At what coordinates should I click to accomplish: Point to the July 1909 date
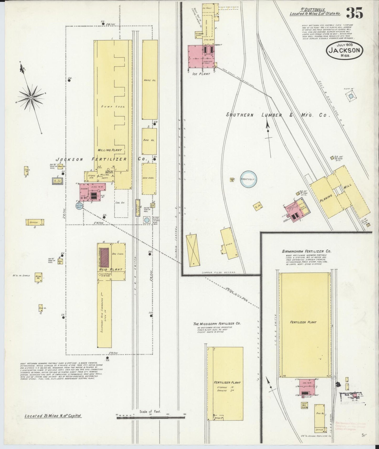(x=345, y=45)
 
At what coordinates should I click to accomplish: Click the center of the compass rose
(x=31, y=97)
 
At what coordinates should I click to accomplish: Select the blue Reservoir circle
(x=248, y=179)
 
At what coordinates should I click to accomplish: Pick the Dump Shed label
(x=113, y=107)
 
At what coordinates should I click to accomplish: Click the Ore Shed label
(x=119, y=254)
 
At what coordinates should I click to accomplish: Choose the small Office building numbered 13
(x=34, y=222)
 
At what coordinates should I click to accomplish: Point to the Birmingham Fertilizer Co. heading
(x=306, y=251)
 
